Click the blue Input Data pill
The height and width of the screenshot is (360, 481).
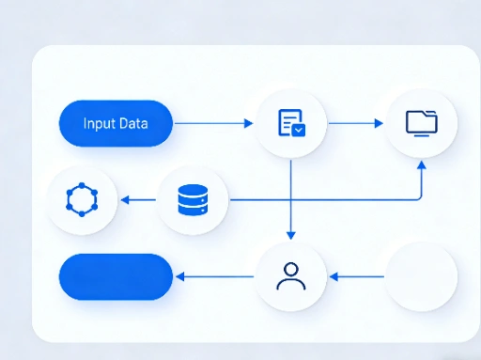click(116, 123)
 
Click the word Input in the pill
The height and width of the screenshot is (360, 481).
click(98, 123)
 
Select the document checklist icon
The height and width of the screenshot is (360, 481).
click(291, 123)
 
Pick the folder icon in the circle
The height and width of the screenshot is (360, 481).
click(421, 122)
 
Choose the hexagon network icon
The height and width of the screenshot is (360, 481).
click(82, 199)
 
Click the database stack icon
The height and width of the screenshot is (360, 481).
click(192, 199)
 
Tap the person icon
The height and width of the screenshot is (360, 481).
click(291, 275)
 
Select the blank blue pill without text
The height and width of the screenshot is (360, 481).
click(116, 276)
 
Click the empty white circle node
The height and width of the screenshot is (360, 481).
click(422, 275)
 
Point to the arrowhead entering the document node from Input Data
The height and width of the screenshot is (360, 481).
click(250, 123)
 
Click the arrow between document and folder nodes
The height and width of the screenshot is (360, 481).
click(355, 123)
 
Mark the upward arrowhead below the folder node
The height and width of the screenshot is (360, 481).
click(421, 164)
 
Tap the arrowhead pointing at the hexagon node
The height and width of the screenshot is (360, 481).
click(125, 199)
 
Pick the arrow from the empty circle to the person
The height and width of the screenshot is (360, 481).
click(357, 276)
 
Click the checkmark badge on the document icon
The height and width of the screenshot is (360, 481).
click(299, 130)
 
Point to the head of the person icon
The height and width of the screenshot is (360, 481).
click(291, 269)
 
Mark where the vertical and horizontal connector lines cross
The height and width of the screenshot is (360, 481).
click(291, 199)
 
